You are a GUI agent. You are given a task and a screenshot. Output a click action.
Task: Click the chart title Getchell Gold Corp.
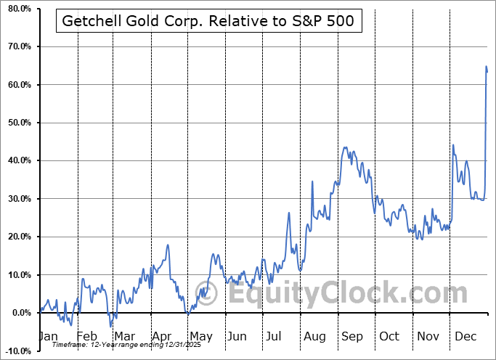point(208,21)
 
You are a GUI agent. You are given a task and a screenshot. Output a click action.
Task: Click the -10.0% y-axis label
point(15,351)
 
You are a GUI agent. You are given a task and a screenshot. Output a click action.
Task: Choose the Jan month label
point(48,336)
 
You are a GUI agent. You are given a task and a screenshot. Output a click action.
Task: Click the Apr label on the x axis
point(162,336)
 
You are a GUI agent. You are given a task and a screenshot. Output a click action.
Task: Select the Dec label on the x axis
point(465,336)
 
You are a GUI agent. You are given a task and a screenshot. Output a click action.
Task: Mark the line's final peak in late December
point(486,67)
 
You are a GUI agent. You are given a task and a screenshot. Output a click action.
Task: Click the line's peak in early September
point(345,148)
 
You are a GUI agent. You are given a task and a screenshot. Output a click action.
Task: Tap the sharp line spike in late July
point(289,213)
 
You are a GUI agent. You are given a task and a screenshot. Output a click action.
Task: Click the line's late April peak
point(168,245)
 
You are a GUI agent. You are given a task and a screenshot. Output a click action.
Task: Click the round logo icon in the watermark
point(207,295)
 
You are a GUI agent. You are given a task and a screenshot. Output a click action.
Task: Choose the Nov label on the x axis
point(427,336)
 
